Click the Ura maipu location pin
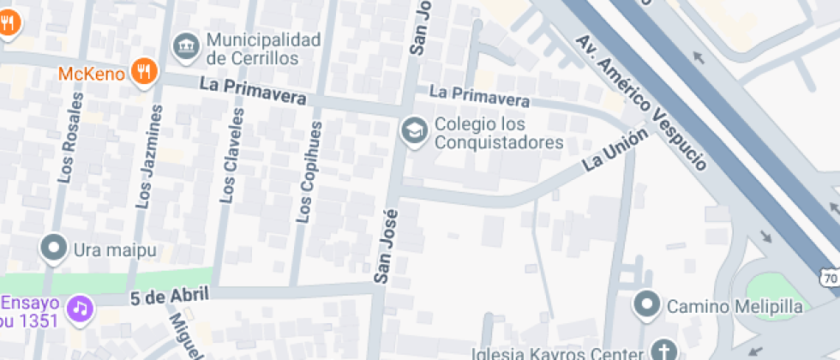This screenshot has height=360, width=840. coord(55,249)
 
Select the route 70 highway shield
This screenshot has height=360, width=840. coord(829,278)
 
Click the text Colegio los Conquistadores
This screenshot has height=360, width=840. coord(498,133)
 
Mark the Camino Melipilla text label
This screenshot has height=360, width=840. coord(735,307)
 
